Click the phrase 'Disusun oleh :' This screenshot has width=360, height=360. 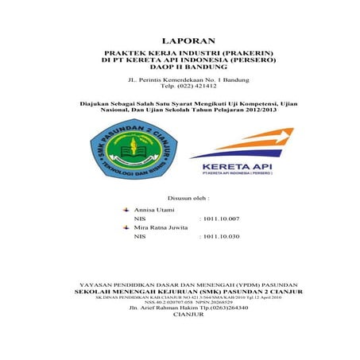[x=188, y=196]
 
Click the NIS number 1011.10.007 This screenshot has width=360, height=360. [x=222, y=218]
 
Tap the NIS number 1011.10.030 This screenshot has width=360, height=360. [x=222, y=237]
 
